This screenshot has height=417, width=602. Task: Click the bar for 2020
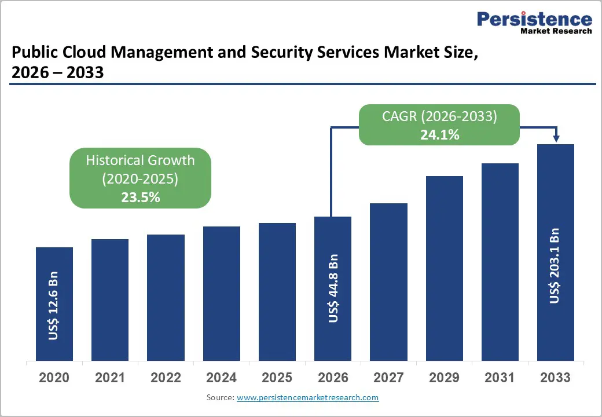point(54,303)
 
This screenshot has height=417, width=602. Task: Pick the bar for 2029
point(445,268)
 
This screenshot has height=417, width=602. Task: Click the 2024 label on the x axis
point(221,378)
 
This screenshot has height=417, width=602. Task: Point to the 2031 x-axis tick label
point(500,378)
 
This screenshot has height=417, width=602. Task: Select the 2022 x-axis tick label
point(166,378)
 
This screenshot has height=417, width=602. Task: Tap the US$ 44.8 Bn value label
point(333,288)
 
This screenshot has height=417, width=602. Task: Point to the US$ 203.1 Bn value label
point(555,265)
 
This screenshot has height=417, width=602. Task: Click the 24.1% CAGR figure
point(439,135)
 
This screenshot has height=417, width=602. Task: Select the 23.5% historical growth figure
point(140,197)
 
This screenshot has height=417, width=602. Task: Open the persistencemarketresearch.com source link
point(307,398)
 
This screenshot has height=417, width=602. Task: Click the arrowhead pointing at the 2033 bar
point(556,138)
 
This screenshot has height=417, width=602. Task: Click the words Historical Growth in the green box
point(140,160)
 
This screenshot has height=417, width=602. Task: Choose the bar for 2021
point(110,299)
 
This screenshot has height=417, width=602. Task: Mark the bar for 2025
point(277,291)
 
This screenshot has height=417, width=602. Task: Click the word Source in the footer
point(219,398)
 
